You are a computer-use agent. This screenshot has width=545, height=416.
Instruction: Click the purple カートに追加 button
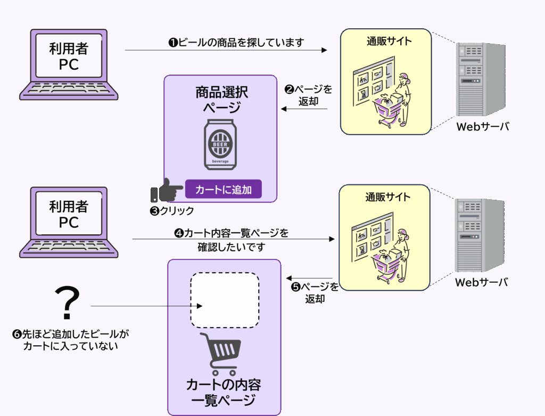tap(224, 189)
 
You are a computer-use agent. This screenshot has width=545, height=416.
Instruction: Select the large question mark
tap(68, 304)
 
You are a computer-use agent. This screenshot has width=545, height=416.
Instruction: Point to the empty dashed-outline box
tap(225, 300)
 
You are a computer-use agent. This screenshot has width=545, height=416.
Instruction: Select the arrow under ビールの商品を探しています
tap(226, 50)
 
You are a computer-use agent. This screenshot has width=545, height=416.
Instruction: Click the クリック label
tap(172, 211)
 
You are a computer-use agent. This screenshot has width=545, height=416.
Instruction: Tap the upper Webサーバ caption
tap(483, 127)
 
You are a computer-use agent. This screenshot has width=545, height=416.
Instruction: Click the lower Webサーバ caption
tap(481, 283)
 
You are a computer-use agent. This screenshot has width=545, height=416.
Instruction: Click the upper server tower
tap(479, 80)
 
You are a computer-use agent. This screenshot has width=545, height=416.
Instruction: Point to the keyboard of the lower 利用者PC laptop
tap(68, 247)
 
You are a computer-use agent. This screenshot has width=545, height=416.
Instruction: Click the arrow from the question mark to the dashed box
tap(146, 306)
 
